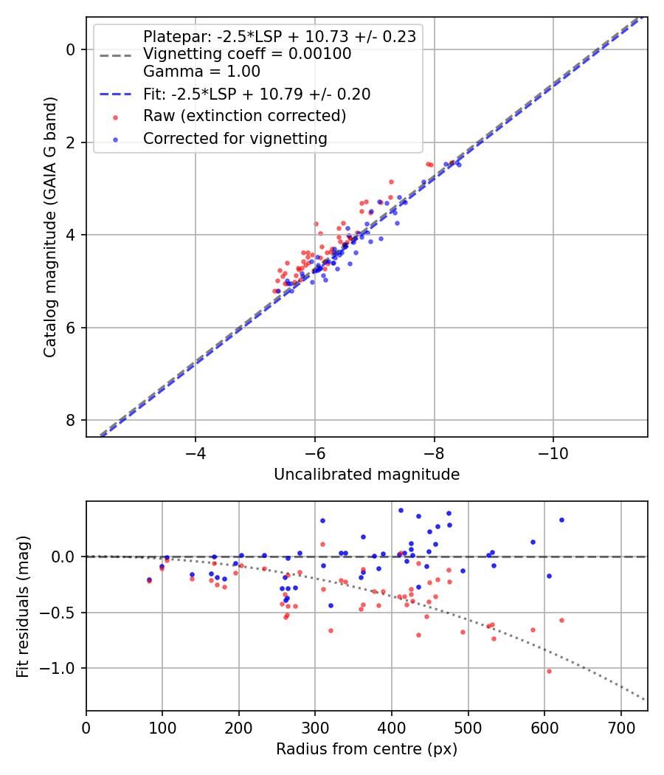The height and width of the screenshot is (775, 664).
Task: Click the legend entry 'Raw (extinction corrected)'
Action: (244, 116)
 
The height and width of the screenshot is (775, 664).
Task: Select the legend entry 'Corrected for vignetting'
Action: (235, 138)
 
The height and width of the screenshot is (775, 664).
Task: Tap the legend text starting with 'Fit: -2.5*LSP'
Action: (257, 94)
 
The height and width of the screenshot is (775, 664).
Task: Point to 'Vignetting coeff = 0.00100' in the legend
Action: (247, 54)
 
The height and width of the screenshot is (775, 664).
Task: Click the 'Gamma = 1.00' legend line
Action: (201, 72)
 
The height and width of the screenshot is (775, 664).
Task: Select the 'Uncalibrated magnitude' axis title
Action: (367, 475)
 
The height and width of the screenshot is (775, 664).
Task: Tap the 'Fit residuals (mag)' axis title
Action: (23, 606)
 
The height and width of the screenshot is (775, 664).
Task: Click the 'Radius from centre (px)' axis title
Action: (367, 749)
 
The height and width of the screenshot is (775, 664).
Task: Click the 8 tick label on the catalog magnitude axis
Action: (71, 421)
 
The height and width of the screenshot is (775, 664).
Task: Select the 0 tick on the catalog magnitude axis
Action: (71, 49)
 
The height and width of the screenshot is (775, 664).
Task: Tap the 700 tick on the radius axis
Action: (620, 726)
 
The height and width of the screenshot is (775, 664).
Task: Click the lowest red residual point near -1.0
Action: (549, 671)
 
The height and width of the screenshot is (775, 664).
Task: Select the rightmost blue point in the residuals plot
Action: (561, 520)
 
